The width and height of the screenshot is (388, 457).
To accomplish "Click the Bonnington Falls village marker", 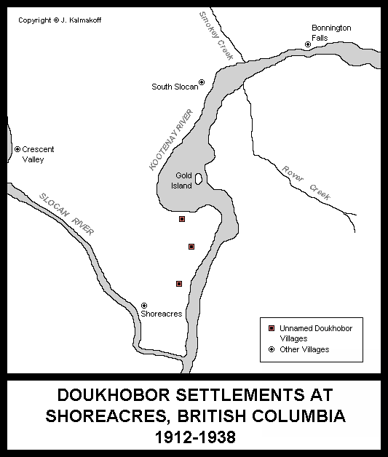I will [x=308, y=44].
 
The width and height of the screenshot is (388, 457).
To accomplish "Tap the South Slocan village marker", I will [x=202, y=82].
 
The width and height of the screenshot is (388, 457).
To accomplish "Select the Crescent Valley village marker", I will [x=17, y=149].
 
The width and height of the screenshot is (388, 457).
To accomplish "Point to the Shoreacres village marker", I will [x=144, y=305].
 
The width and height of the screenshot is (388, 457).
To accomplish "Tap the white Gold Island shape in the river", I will [x=198, y=179].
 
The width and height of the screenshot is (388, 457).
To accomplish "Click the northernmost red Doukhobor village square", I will [x=182, y=218].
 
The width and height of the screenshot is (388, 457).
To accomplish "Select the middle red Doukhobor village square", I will [x=191, y=247].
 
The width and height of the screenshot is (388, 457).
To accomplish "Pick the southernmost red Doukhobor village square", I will [x=179, y=284].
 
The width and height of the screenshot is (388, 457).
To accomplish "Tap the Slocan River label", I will [x=67, y=213].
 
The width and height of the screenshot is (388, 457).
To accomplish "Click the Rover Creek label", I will [x=305, y=183].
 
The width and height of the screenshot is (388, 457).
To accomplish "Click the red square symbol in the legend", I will [x=272, y=329].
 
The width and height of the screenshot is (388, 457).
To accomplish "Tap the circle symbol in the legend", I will [x=272, y=349].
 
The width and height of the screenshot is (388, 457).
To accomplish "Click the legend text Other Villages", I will [x=306, y=349].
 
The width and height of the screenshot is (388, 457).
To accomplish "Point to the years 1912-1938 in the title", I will [x=194, y=439].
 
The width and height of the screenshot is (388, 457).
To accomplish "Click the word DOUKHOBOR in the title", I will [x=108, y=397].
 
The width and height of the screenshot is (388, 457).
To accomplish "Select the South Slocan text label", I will [x=174, y=87].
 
